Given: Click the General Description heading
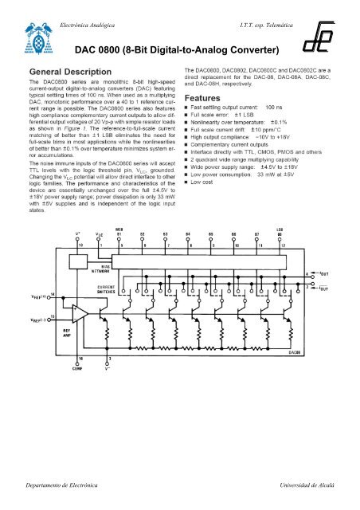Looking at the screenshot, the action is [65, 73].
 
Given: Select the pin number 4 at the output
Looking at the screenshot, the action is [307, 274].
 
